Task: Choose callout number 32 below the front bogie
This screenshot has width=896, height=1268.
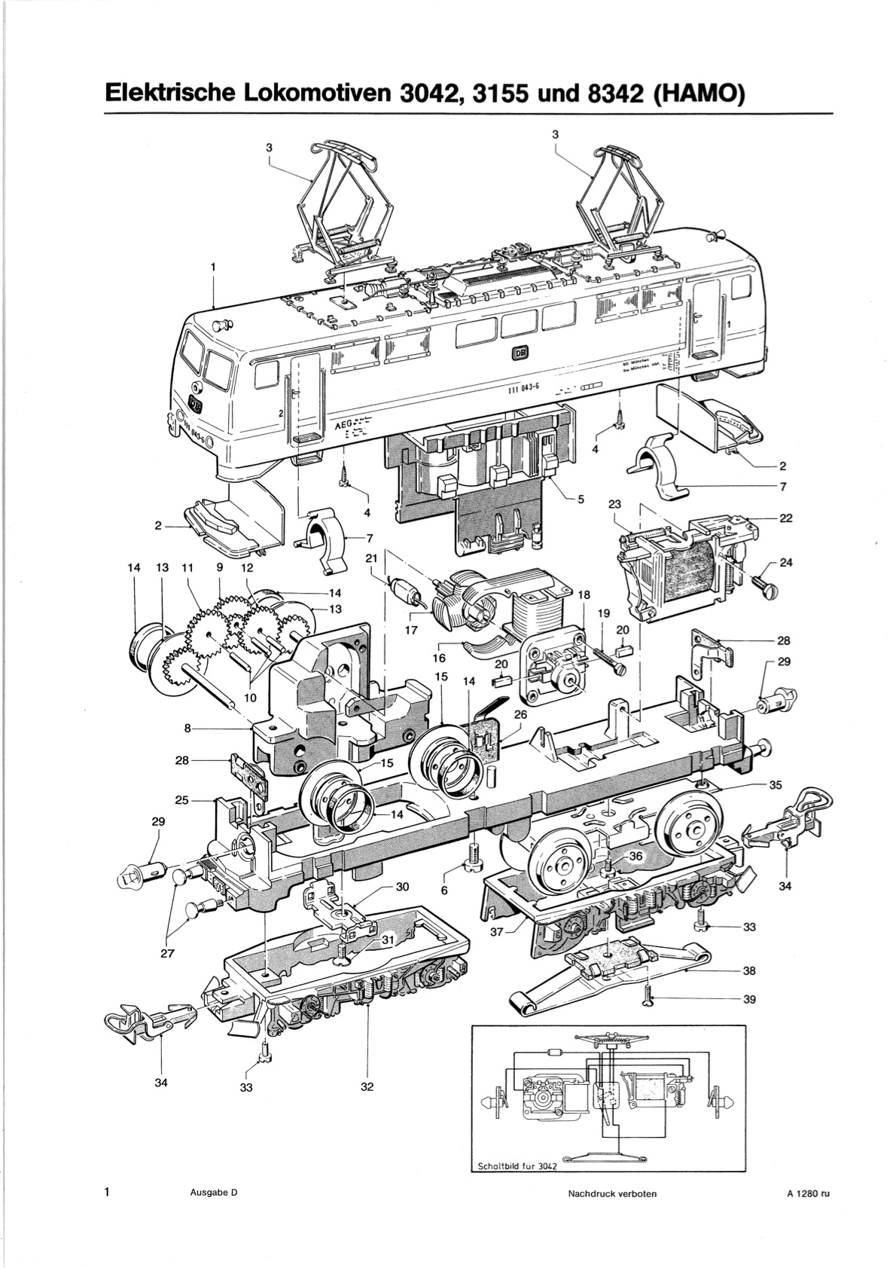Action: coord(367,1086)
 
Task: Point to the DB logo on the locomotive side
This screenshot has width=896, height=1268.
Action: coord(520,352)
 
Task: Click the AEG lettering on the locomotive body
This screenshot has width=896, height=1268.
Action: coord(343,424)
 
